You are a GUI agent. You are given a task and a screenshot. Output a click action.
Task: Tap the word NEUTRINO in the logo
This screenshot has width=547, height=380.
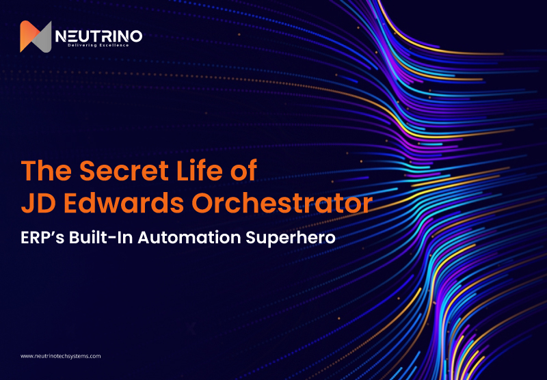[100, 35]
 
